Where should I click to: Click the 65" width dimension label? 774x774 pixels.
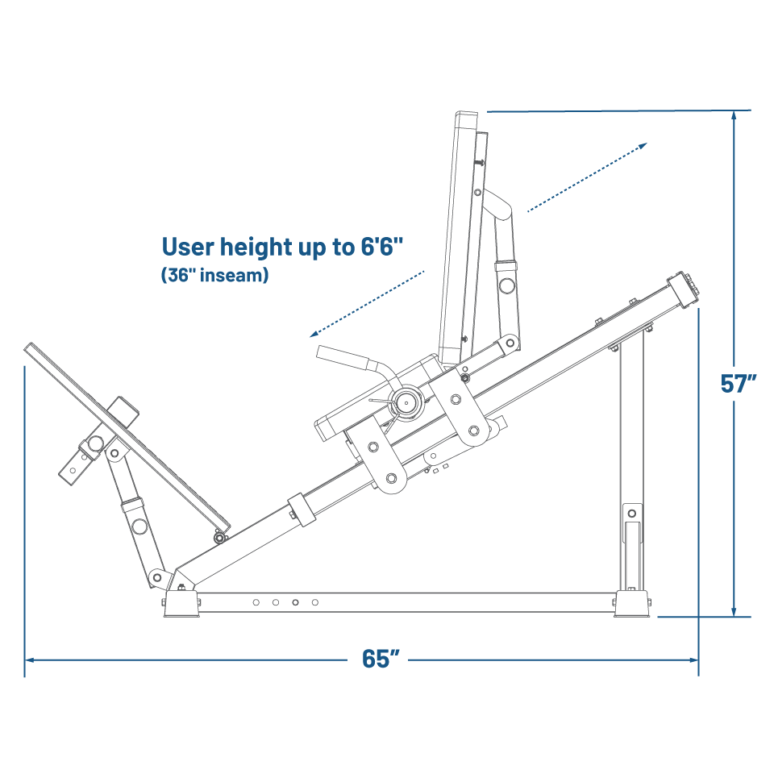[381, 659]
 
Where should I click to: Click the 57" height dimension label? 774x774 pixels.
[738, 383]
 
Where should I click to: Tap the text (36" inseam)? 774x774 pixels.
[215, 275]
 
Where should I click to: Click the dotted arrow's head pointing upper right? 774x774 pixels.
[642, 146]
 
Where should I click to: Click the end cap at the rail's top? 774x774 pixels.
[683, 290]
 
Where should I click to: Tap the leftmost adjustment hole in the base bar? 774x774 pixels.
[256, 602]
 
